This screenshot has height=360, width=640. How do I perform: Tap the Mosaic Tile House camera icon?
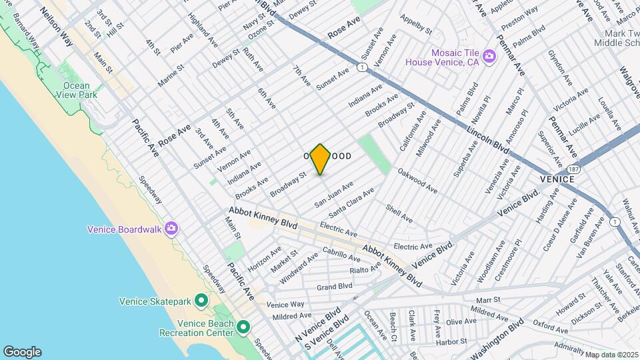click(x=489, y=57)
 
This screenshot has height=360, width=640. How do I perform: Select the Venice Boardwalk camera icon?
click(x=172, y=229)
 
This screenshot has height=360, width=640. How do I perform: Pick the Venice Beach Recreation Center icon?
click(x=243, y=327)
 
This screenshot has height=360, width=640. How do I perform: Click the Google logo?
click(x=22, y=352)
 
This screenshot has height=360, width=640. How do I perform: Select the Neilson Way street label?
click(x=56, y=26)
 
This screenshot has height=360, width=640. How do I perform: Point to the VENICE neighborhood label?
click(x=557, y=179)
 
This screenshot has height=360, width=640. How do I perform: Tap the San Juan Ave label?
click(x=334, y=193)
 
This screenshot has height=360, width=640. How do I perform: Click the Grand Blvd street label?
click(x=334, y=287)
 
